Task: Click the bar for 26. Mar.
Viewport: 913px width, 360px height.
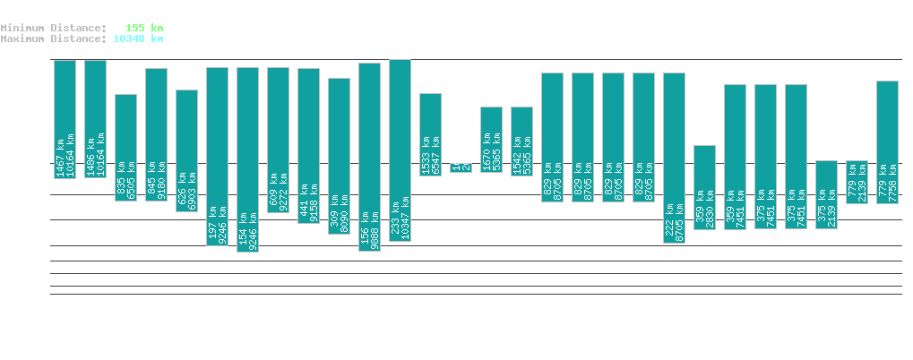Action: click(247, 159)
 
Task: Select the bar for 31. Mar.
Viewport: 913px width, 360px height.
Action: click(400, 150)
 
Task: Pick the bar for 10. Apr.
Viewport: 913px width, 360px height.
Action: click(704, 187)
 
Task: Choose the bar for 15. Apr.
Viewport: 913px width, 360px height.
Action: click(857, 183)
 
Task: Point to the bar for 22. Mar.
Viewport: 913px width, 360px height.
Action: click(125, 148)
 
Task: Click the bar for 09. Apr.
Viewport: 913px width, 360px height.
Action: click(674, 158)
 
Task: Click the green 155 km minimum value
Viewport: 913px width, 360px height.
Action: click(145, 28)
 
